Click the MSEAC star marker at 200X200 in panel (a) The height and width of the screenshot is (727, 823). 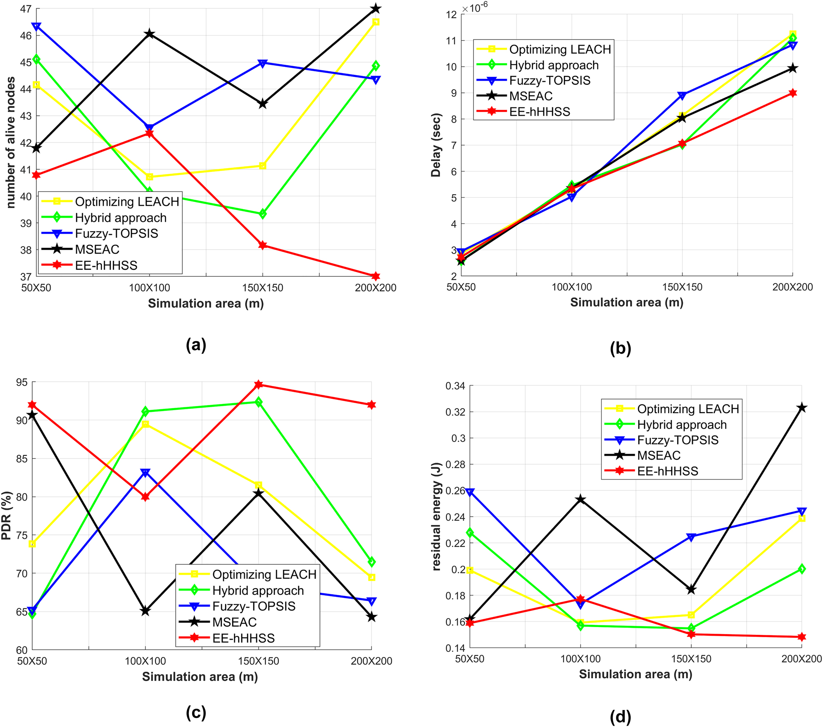coord(376,8)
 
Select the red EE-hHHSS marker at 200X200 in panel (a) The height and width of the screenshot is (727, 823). coord(376,276)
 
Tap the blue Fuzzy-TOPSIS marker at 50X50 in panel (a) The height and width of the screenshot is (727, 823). coord(36,27)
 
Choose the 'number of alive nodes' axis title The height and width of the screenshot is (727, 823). coord(11,142)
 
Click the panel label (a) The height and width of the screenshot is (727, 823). coord(196,344)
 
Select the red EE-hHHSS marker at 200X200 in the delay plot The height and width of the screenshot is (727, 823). coord(792,93)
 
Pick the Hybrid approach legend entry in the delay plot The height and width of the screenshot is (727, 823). coord(554,65)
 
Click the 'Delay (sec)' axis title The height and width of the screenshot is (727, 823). coord(436,145)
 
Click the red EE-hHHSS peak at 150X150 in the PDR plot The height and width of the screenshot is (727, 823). coord(259,385)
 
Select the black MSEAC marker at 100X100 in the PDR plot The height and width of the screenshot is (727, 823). coord(145,611)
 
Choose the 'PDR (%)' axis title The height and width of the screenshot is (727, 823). coord(7,516)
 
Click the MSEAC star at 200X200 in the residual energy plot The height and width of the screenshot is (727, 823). coord(802,408)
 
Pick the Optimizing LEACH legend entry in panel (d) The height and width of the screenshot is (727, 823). coord(687,409)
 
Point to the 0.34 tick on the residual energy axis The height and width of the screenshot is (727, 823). coord(455,386)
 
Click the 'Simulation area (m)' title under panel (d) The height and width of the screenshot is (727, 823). coord(635,674)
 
